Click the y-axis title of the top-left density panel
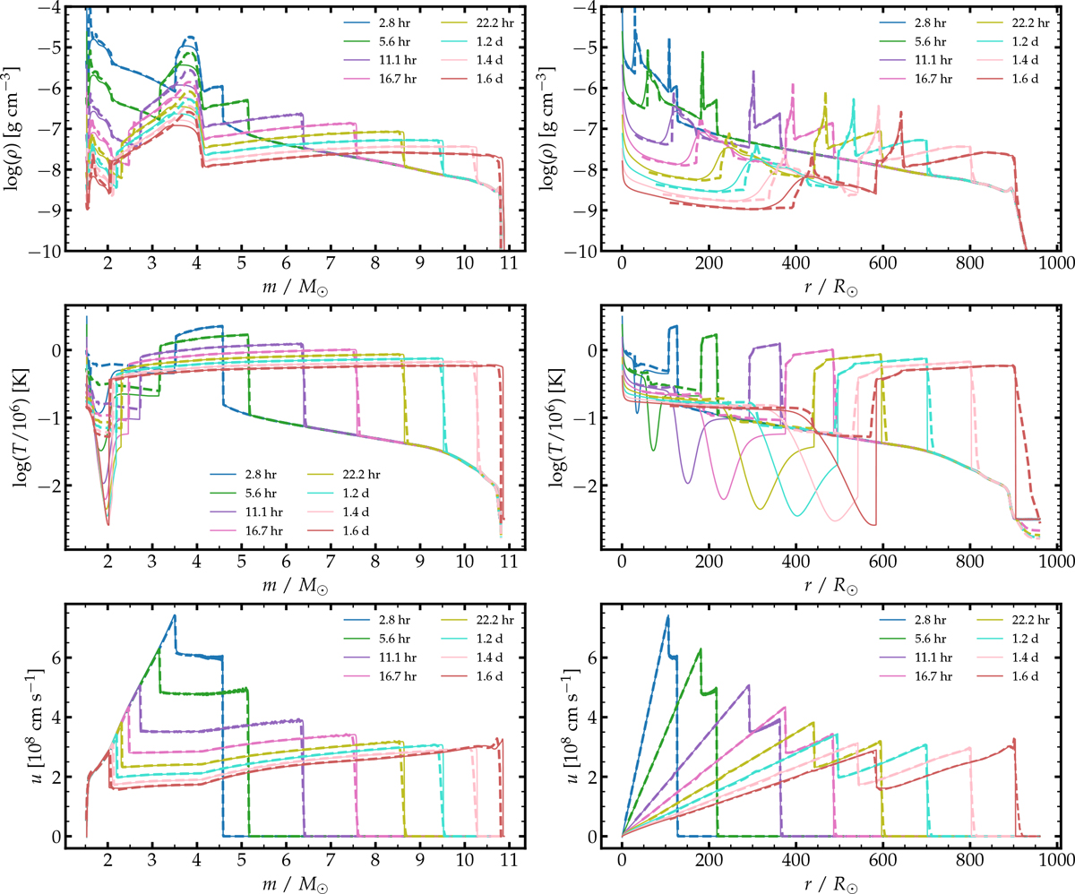[17, 129]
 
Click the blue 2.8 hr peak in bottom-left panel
[175, 615]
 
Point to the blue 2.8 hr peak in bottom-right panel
[667, 615]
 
